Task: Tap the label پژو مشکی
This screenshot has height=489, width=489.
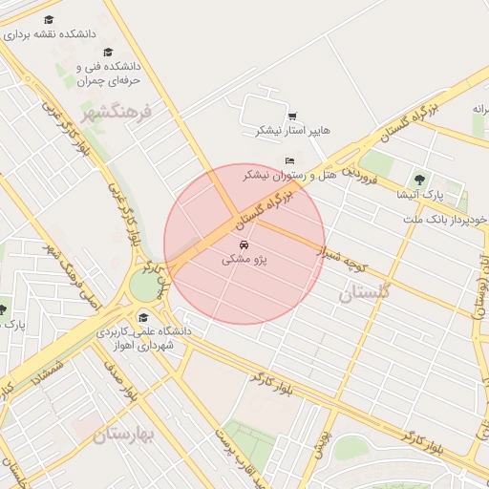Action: (244, 260)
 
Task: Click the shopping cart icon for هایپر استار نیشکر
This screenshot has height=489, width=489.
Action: (291, 117)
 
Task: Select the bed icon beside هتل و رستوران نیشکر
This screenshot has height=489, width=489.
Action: (289, 160)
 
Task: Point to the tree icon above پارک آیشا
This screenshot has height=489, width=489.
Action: (418, 179)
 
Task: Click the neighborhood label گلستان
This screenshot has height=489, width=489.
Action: (365, 294)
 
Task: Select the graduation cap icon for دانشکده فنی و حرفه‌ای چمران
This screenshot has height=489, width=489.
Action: (108, 53)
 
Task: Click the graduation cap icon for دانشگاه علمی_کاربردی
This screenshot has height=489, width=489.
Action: (143, 318)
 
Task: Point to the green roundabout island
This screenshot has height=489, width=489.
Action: (145, 286)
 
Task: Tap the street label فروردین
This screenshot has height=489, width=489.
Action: (362, 177)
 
